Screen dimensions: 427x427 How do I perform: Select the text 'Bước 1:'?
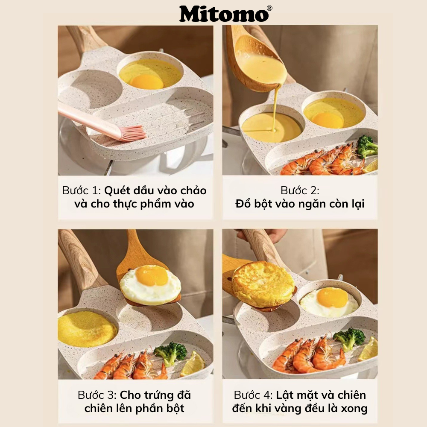point(81,190)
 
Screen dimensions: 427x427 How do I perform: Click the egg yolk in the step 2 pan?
point(328,120)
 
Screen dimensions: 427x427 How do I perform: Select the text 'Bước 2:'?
point(300,190)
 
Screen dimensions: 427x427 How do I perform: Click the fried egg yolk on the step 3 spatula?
point(152,276)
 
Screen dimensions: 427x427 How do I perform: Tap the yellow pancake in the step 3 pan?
point(87,328)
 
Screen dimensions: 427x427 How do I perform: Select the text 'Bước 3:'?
point(97,395)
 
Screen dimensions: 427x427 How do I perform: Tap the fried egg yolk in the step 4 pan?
point(332,297)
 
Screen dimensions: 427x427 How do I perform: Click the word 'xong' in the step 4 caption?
point(354,408)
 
